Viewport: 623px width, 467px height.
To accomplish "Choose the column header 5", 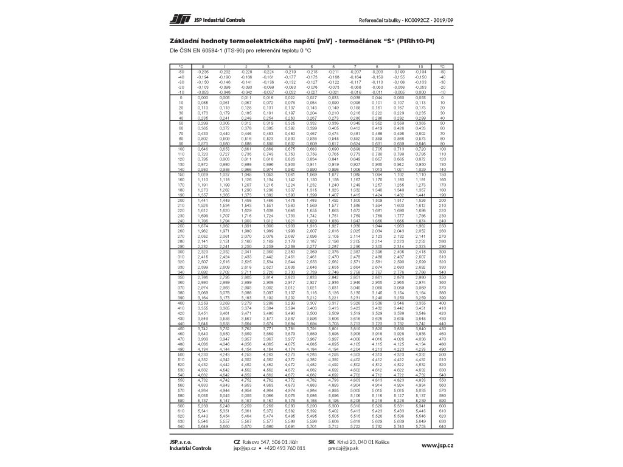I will pos(311,66).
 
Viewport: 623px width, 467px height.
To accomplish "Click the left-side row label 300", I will pos(181,251).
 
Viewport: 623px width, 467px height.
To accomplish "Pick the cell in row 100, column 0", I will pos(203,148).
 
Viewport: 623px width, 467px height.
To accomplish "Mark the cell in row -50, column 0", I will pos(203,71).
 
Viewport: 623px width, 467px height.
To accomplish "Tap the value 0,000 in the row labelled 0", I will pos(203,97).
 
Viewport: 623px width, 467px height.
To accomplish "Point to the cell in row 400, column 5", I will pos(311,302).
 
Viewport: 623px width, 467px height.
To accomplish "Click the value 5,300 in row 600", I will pos(333,404).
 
